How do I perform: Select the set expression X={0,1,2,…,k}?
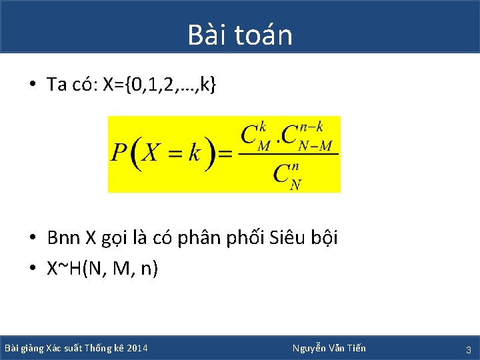(x=159, y=85)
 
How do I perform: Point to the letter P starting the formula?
(x=119, y=153)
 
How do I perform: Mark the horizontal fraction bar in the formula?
(x=288, y=155)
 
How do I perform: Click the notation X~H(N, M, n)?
(x=102, y=269)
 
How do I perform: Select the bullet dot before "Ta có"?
(x=32, y=85)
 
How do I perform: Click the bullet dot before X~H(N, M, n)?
(x=32, y=269)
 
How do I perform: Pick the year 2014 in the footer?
(x=137, y=349)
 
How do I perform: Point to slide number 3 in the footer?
(x=469, y=349)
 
